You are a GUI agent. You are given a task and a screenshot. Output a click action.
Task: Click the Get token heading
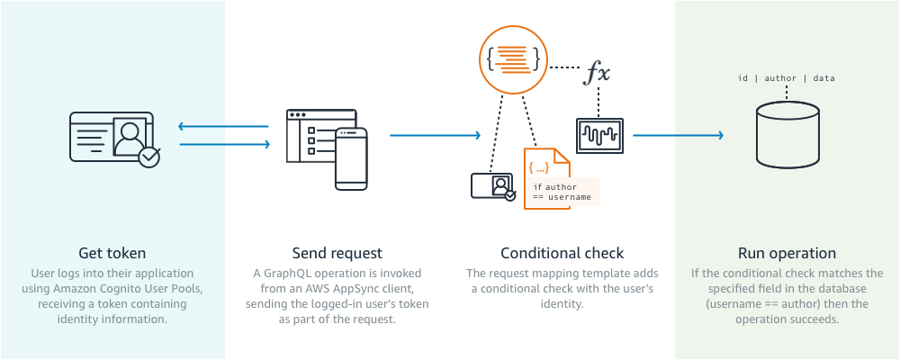112,253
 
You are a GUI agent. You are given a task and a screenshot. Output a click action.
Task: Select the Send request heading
337,253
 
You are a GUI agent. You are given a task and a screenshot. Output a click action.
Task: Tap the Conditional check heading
562,253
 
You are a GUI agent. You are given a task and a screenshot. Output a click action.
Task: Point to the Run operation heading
787,253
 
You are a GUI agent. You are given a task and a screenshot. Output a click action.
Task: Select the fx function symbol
598,73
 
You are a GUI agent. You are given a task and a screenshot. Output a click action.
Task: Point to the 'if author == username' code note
560,191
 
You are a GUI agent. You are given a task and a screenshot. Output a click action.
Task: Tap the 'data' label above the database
823,78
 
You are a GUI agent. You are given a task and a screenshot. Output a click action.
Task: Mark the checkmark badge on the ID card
149,157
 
